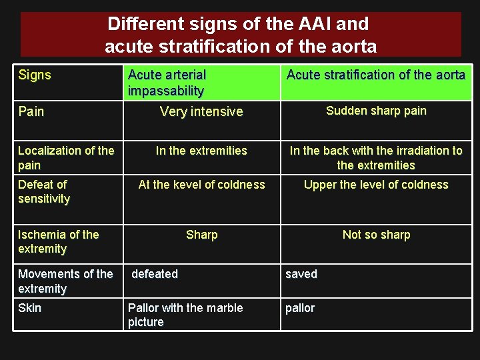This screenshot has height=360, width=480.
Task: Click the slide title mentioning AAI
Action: (x=240, y=35)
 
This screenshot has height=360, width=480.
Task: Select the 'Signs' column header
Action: (x=35, y=75)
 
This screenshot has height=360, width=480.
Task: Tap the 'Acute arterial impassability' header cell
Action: (x=167, y=83)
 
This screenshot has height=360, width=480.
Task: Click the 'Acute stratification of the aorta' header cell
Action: (x=375, y=75)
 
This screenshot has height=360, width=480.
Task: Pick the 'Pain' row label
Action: (x=31, y=111)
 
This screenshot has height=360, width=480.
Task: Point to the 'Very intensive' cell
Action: (x=201, y=111)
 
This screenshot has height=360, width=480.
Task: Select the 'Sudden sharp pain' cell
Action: (x=376, y=111)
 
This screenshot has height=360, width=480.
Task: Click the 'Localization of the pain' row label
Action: (x=65, y=158)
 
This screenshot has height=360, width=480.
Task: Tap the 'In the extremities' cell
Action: (x=201, y=151)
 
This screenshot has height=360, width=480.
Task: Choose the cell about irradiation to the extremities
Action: (x=376, y=158)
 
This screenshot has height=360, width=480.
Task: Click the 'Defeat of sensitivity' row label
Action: (x=44, y=191)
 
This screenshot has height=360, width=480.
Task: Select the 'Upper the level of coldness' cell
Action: (x=376, y=185)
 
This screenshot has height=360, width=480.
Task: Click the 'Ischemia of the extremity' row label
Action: (x=58, y=241)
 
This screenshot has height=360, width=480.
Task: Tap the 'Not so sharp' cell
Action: (x=376, y=235)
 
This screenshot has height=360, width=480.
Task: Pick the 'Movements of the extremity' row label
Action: (x=65, y=281)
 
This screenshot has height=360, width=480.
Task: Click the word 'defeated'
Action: (x=155, y=274)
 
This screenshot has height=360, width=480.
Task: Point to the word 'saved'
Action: (x=301, y=274)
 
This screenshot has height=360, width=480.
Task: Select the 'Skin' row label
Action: (x=29, y=308)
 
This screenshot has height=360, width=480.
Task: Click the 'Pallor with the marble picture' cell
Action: (x=185, y=315)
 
